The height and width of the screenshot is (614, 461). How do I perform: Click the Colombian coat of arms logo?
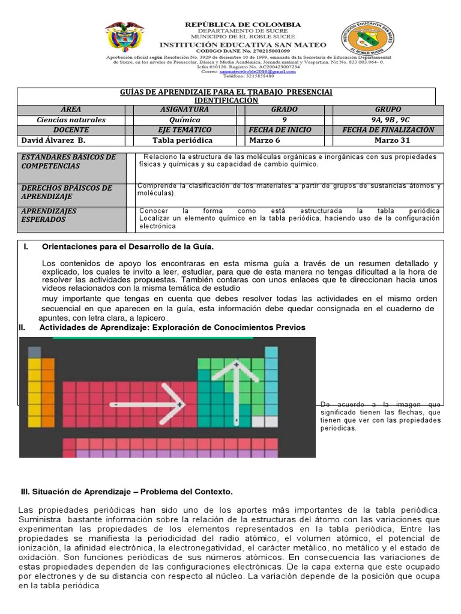tap(124, 37)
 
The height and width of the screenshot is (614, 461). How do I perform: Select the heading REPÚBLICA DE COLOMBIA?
tap(243, 25)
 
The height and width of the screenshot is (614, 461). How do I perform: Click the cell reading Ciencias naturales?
tap(71, 120)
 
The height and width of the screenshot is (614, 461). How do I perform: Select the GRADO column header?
tap(284, 110)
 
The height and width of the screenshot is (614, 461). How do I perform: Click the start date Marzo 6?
tap(265, 140)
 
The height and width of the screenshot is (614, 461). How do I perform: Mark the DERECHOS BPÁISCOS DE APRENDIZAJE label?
tap(66, 192)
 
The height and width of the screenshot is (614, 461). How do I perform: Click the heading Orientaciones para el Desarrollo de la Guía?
tap(127, 247)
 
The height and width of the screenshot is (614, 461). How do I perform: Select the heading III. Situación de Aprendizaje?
tap(126, 492)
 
